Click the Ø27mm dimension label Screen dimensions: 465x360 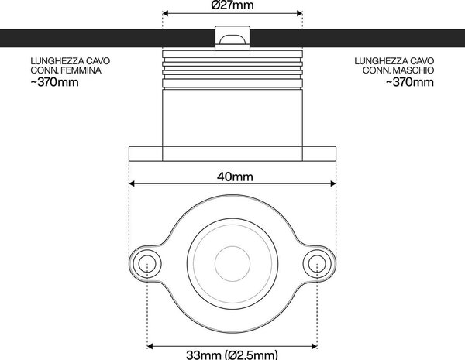pos(232,5)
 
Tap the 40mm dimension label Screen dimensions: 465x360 pos(235,177)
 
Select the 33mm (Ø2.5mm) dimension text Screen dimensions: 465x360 pos(232,355)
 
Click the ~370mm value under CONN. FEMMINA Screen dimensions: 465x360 pos(54,82)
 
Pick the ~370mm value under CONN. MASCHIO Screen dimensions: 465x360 pos(410,82)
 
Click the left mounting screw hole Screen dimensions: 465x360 pos(147,264)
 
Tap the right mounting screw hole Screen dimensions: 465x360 pos(317,264)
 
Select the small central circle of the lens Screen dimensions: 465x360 pos(232,264)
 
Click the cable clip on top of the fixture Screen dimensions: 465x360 pos(232,38)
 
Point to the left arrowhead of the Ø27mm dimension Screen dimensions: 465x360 pos(166,13)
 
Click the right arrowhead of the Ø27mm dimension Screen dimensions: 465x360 pos(299,13)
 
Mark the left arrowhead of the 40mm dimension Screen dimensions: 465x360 pos(132,183)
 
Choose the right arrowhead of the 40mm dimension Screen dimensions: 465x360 pos(333,183)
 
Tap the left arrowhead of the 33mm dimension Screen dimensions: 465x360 pos(150,346)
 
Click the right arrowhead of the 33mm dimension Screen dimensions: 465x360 pos(315,346)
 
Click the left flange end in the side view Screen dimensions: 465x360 pos(146,154)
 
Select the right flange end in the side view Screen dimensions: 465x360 pos(319,154)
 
